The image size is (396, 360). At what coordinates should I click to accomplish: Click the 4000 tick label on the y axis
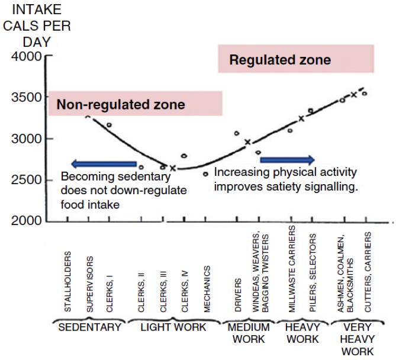point(25,57)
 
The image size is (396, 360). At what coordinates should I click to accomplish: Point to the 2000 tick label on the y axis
point(25,221)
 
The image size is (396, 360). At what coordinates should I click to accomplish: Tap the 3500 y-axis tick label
point(25,98)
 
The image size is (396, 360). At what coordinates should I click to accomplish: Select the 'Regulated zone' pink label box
point(296,59)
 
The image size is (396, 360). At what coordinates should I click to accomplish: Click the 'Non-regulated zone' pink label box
point(135,104)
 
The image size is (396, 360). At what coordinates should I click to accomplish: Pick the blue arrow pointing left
point(104,164)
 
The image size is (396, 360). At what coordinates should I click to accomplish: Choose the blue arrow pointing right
point(288,159)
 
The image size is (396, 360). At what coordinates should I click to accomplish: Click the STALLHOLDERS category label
point(68,282)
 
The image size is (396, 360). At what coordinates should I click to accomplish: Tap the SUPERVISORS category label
point(89,284)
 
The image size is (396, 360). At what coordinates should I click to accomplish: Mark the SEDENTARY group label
point(90,327)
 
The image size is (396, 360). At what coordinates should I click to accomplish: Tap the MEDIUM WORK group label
point(249,333)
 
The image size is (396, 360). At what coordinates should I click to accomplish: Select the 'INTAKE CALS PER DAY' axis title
point(36,27)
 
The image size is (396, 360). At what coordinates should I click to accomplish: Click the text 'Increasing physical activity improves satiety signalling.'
point(285,178)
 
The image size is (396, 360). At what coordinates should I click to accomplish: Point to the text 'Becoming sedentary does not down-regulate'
point(123,184)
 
